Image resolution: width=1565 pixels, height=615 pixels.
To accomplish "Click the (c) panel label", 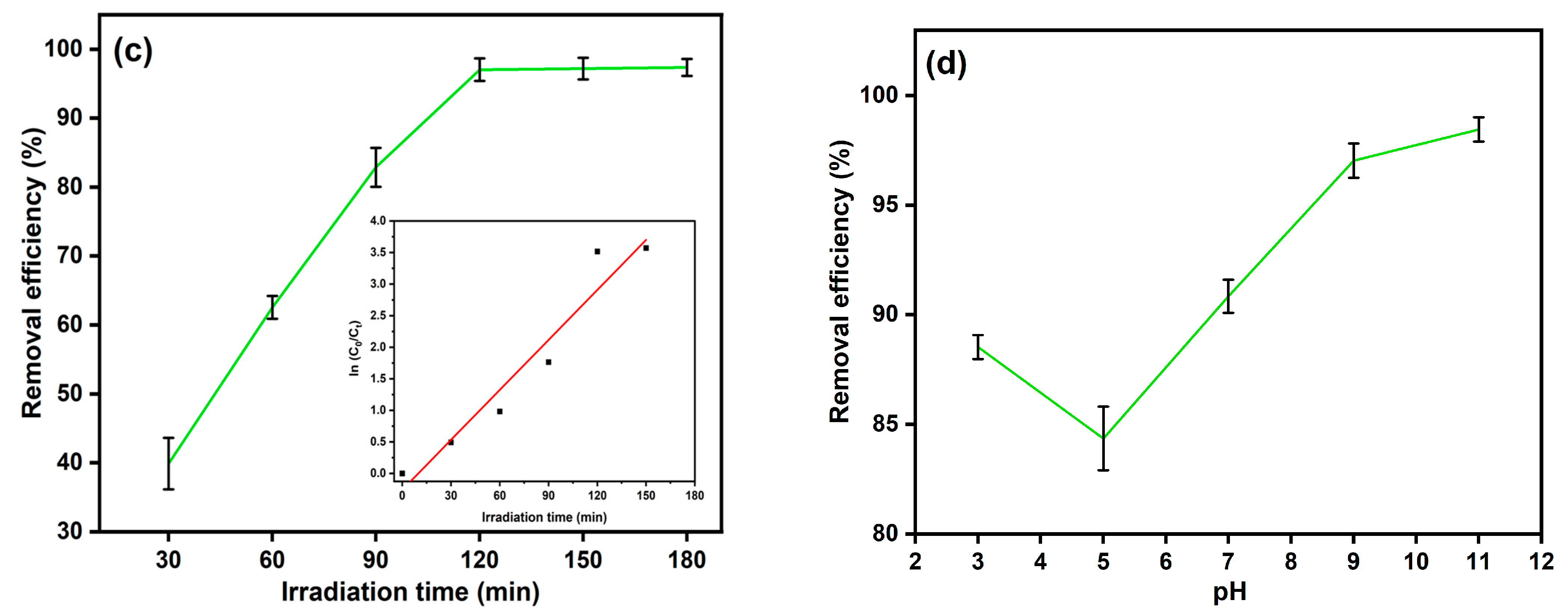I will click(133, 51).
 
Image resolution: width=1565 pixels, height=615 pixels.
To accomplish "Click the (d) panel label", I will click(945, 64).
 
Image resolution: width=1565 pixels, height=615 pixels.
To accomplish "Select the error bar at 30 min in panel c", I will click(169, 463).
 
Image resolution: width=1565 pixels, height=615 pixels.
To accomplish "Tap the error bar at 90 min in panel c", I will click(376, 167).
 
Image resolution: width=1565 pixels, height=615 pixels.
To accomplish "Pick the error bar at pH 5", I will click(1103, 438).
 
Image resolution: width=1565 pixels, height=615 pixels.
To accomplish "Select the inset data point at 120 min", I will click(597, 252).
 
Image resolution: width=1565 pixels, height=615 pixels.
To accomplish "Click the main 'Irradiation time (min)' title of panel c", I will click(410, 592).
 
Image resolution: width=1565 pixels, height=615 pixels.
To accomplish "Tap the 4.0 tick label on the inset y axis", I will click(378, 221).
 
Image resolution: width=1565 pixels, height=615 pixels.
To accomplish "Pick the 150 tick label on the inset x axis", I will click(646, 496).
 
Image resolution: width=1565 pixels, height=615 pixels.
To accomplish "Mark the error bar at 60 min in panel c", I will click(272, 307).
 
